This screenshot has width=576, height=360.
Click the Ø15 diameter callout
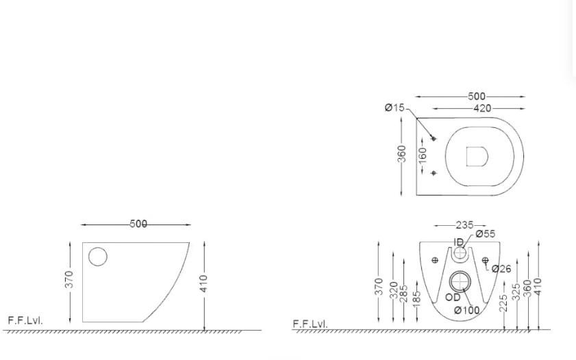pyautogui.click(x=395, y=107)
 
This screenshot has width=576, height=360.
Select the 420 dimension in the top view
pyautogui.click(x=481, y=108)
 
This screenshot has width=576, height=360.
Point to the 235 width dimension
pyautogui.click(x=465, y=225)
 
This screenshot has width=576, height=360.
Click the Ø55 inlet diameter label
pyautogui.click(x=485, y=234)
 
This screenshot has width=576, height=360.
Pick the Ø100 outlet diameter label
pyautogui.click(x=466, y=310)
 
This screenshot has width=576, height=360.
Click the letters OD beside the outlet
pyautogui.click(x=453, y=297)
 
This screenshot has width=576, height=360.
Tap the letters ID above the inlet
pyautogui.click(x=458, y=242)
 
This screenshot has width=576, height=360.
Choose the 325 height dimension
pyautogui.click(x=516, y=293)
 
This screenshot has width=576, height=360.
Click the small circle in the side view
pyautogui.click(x=98, y=257)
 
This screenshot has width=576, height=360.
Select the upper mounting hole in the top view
pyautogui.click(x=434, y=138)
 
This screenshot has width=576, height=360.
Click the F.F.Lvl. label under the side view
pyautogui.click(x=25, y=320)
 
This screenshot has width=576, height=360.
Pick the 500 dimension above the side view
pyautogui.click(x=138, y=224)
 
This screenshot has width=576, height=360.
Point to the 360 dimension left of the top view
pyautogui.click(x=402, y=154)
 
